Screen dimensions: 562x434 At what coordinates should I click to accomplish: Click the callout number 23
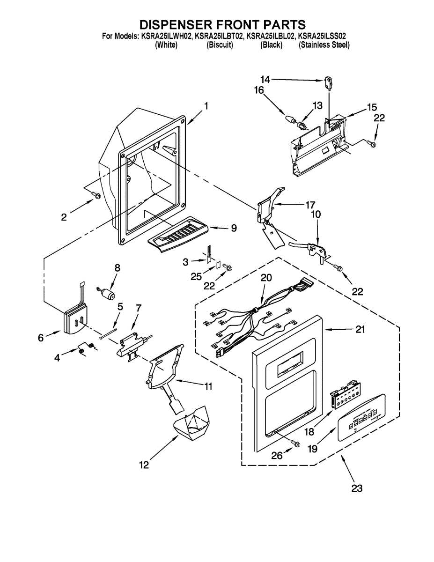click(357, 488)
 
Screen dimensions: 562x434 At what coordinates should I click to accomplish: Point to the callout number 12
click(144, 465)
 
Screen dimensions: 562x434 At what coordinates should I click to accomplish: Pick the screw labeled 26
click(295, 443)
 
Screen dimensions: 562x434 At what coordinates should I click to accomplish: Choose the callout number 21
click(360, 330)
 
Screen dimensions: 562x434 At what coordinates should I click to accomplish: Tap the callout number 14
click(265, 80)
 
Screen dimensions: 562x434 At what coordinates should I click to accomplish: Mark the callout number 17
click(310, 205)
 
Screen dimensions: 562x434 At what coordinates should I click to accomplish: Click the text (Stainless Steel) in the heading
click(324, 45)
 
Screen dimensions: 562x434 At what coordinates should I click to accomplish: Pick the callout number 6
click(40, 337)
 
